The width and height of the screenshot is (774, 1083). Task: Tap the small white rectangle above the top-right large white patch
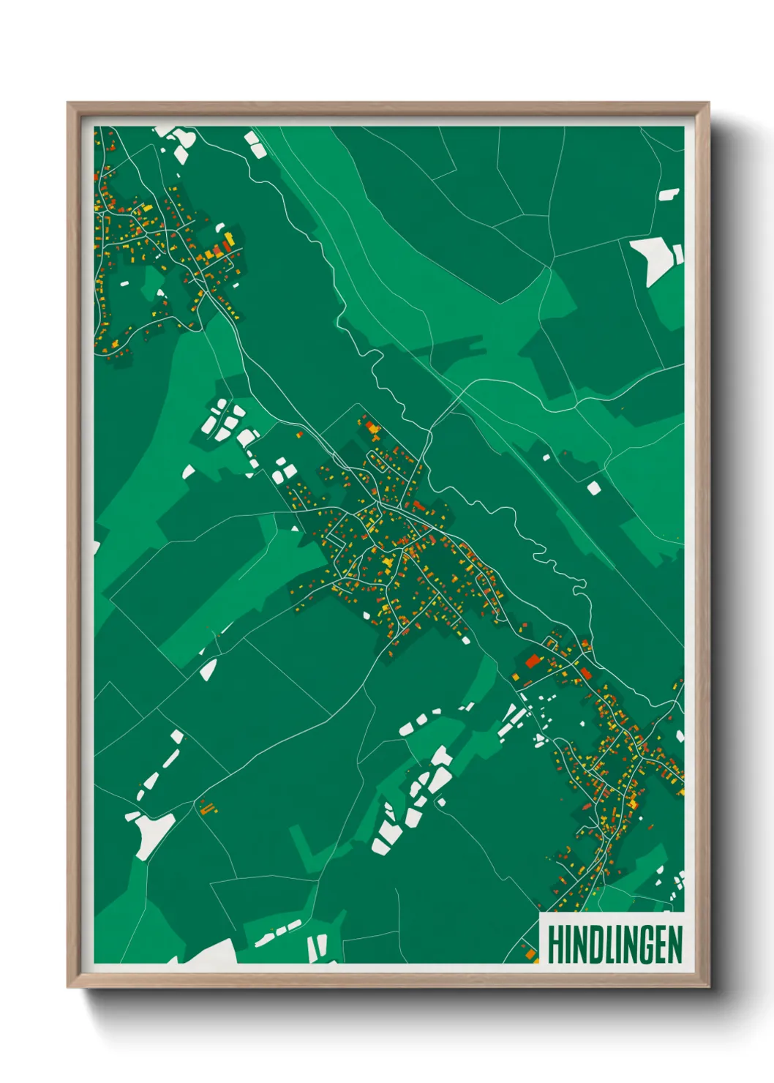[669, 195]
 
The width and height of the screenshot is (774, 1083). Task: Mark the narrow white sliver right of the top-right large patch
[678, 255]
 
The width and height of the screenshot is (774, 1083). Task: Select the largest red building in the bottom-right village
[532, 662]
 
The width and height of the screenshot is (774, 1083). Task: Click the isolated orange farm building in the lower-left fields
[207, 807]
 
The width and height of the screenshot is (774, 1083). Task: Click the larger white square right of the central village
[593, 487]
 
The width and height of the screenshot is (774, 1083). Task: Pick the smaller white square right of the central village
[546, 457]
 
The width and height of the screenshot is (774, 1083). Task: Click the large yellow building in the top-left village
[229, 238]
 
